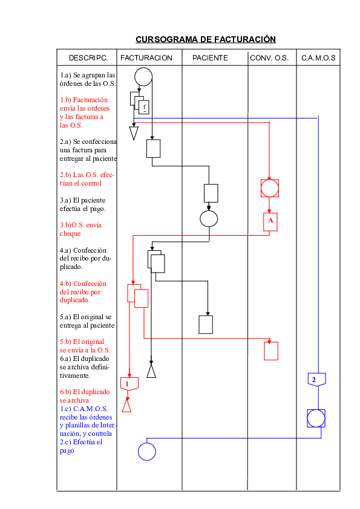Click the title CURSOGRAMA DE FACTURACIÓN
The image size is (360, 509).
(x=206, y=39)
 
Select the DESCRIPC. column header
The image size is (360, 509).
(x=88, y=58)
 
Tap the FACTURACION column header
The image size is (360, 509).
(x=146, y=58)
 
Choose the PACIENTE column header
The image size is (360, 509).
(x=210, y=58)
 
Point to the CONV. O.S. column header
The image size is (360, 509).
(x=269, y=58)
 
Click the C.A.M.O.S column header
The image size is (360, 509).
(x=318, y=58)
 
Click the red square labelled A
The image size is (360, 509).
(x=270, y=222)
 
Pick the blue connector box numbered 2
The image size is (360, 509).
(x=315, y=379)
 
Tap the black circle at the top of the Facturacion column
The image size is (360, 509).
(x=143, y=77)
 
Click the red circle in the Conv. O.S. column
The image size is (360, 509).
(x=270, y=188)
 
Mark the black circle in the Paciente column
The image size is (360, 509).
(x=209, y=218)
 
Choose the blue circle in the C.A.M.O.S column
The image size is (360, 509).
(x=316, y=418)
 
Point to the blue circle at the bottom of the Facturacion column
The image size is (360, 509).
(x=146, y=451)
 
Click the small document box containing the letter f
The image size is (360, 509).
(x=144, y=108)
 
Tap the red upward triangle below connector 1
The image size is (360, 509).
(x=127, y=405)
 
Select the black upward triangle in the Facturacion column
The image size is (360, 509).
(x=151, y=371)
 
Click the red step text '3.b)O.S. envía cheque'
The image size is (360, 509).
(x=80, y=229)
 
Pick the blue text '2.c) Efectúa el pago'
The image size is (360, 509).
(x=81, y=446)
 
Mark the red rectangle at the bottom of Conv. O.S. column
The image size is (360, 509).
(x=271, y=351)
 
